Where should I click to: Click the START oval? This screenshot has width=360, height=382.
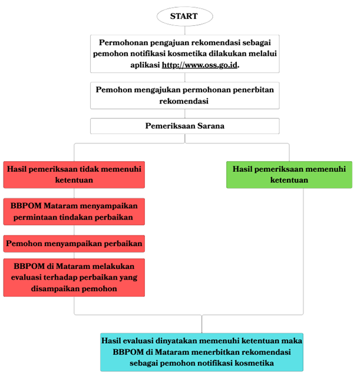click(x=184, y=16)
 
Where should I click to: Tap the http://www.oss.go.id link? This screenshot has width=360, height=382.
click(x=200, y=65)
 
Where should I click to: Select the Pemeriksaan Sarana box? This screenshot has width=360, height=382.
click(x=184, y=126)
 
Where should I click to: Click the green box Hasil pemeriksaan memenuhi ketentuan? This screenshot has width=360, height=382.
click(x=289, y=174)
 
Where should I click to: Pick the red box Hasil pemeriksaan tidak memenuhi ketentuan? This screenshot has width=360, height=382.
click(x=74, y=174)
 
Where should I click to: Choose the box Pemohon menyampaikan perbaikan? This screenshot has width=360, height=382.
click(x=74, y=243)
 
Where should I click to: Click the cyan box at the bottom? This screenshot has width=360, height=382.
click(x=202, y=351)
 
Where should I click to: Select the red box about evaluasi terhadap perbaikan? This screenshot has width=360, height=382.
click(x=74, y=277)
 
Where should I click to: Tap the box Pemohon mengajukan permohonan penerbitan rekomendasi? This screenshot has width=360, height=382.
click(x=184, y=95)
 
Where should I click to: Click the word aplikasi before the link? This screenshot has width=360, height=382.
click(x=144, y=65)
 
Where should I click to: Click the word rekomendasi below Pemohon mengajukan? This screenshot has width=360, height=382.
click(x=184, y=101)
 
